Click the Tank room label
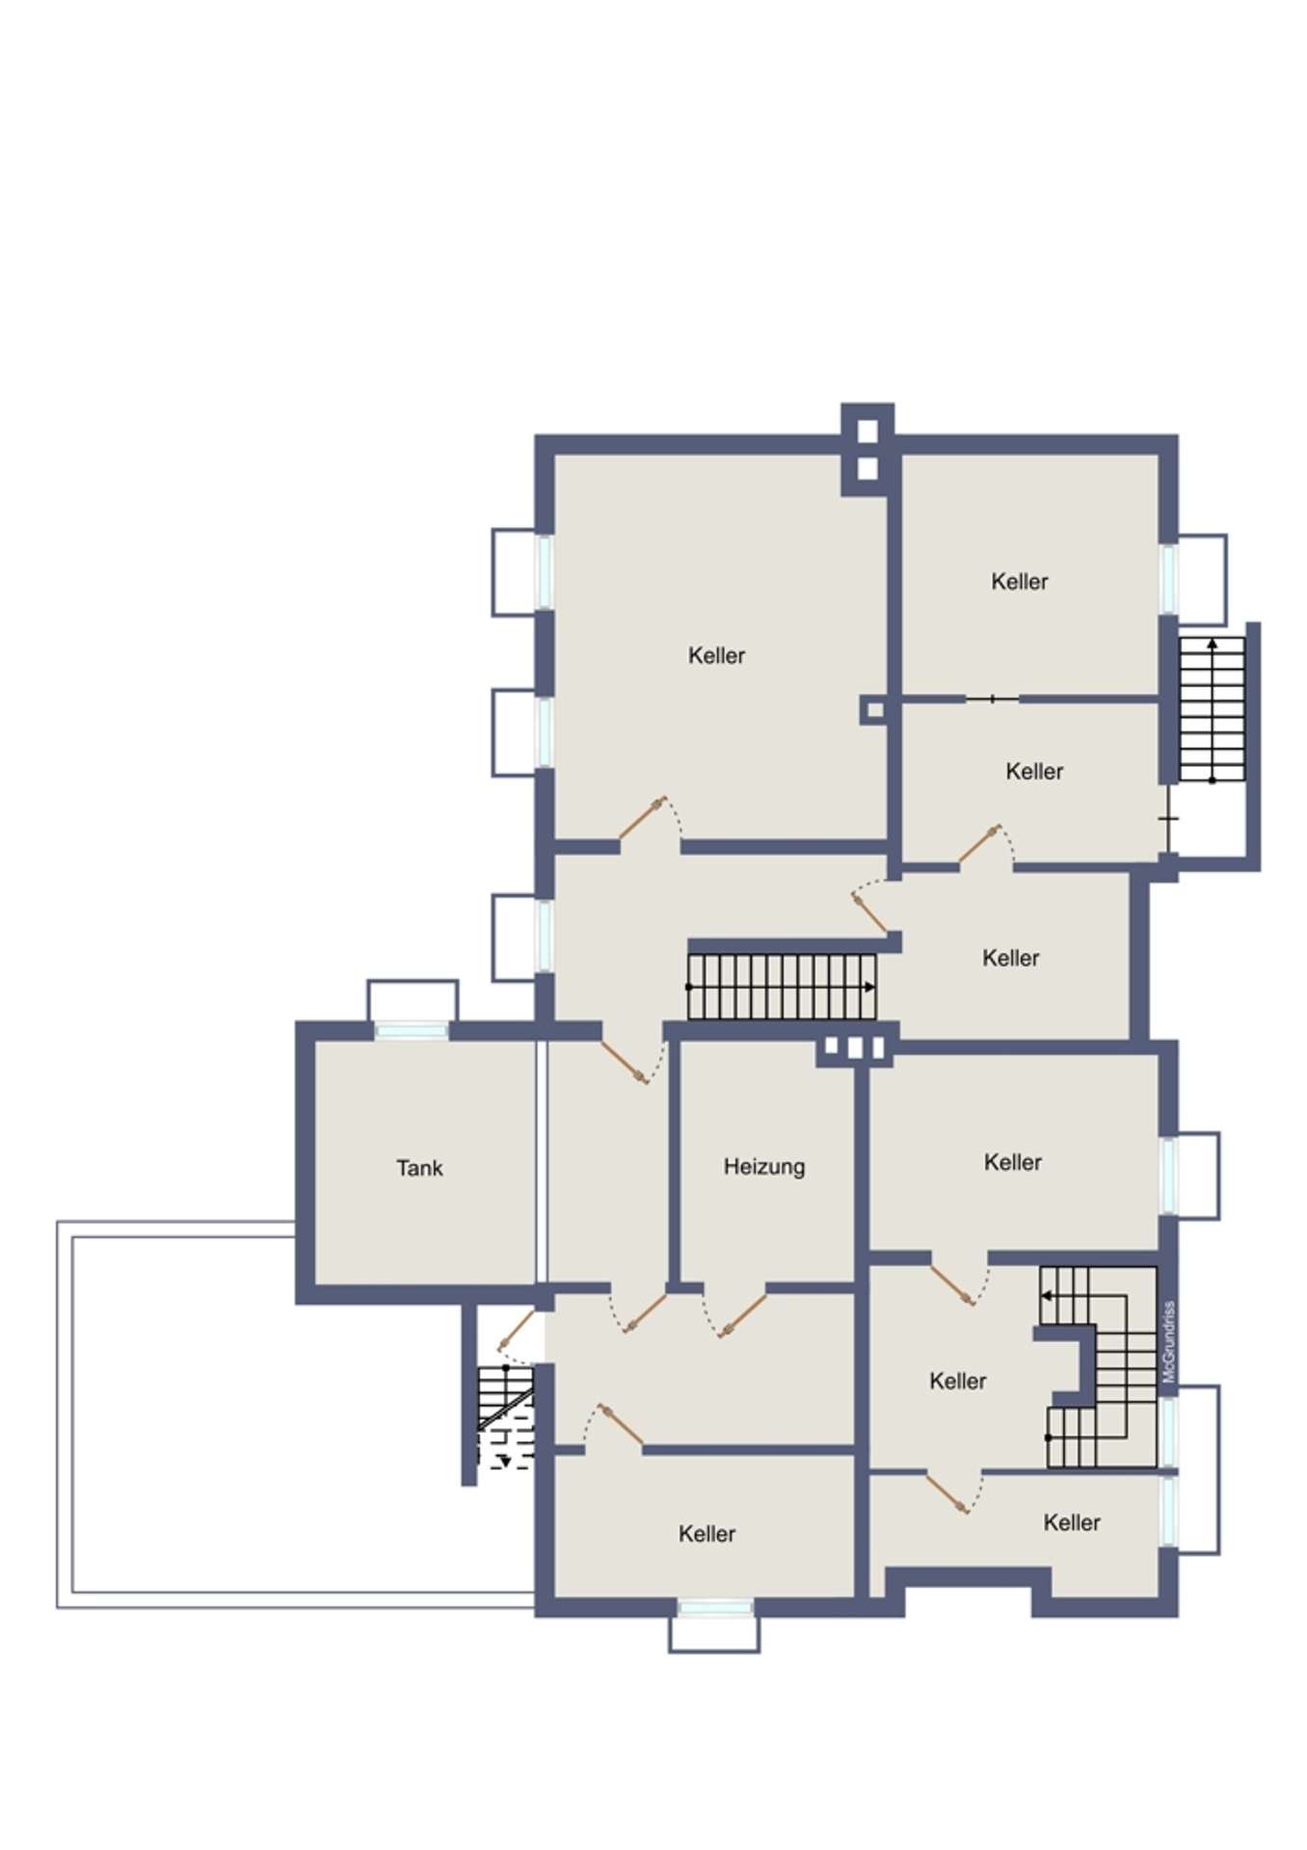[x=419, y=1168]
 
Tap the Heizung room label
[x=764, y=1167]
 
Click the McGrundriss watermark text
[x=1169, y=1341]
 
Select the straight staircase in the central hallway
[x=782, y=987]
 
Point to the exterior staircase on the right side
[x=1213, y=709]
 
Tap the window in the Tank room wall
[x=412, y=1031]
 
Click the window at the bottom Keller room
[x=714, y=1607]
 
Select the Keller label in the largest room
[x=716, y=655]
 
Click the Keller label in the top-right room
[x=1020, y=581]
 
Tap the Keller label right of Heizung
[x=1013, y=1162]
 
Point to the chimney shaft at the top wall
[x=867, y=450]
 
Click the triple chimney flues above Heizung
[x=853, y=1047]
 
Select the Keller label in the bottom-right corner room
[x=1072, y=1522]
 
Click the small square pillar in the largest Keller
[x=874, y=711]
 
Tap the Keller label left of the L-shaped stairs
[x=958, y=1381]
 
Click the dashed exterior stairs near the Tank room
[x=506, y=1416]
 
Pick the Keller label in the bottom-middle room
[x=707, y=1533]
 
